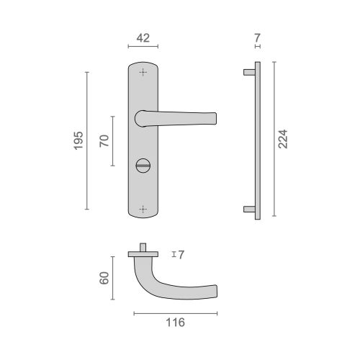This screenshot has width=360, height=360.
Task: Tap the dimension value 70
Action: pos(104,140)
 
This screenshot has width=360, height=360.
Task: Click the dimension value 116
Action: pos(175,323)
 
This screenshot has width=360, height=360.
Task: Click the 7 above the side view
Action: pos(258,35)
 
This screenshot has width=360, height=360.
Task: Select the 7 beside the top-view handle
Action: pos(181,254)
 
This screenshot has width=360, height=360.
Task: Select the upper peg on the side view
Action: pos(248,72)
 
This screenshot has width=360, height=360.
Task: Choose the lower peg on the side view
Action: pos(248,209)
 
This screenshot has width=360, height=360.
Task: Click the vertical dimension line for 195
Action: pos(86,140)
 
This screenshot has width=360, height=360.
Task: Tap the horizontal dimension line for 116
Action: pos(175,313)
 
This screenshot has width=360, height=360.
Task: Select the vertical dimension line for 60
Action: pos(112,276)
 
